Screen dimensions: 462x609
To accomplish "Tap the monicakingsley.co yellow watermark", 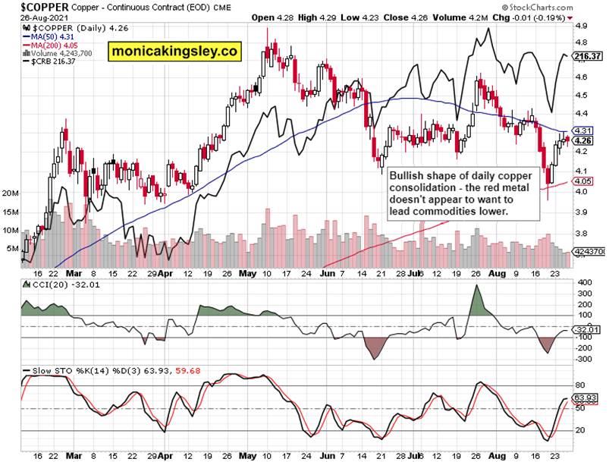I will pyautogui.click(x=174, y=51).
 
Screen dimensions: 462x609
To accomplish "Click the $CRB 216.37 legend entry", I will pyautogui.click(x=55, y=61).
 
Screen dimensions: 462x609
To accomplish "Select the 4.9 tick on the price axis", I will pyautogui.click(x=582, y=26).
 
